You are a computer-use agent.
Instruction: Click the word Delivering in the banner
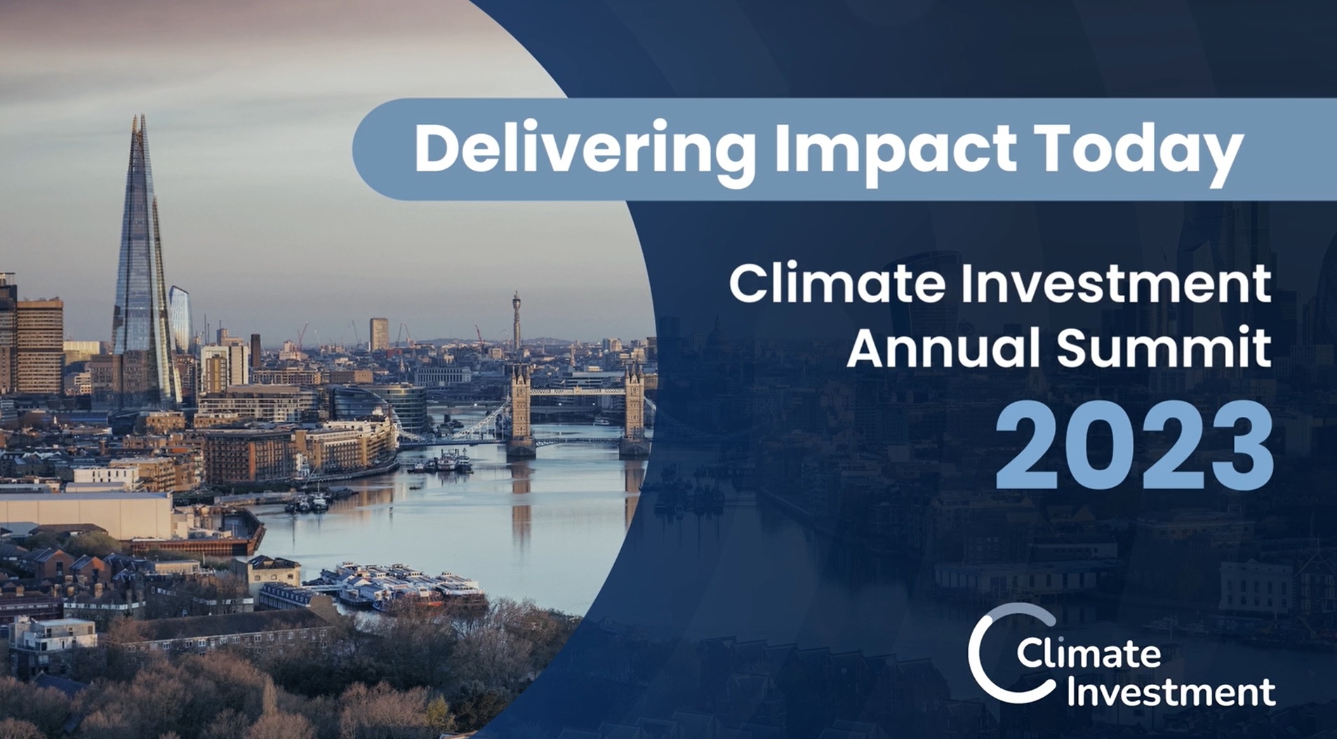point(585,150)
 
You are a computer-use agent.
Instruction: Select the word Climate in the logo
point(1089,653)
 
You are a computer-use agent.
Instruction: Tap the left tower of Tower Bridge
point(520,411)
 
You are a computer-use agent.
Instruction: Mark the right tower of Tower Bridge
point(633,411)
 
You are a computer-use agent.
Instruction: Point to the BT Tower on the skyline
point(516,319)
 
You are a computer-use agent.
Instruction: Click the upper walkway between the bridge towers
point(577,391)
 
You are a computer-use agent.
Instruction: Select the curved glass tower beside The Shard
point(180,319)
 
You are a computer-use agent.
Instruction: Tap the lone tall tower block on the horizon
point(379,333)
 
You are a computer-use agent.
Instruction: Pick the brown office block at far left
point(39,345)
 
